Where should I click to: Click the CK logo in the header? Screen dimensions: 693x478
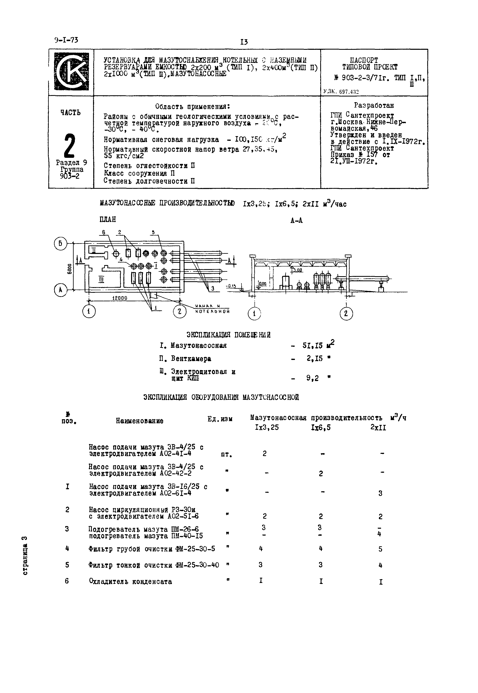pyautogui.click(x=71, y=72)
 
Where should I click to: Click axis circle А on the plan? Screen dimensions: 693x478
pyautogui.click(x=60, y=290)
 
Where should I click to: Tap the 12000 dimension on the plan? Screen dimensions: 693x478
pyautogui.click(x=120, y=298)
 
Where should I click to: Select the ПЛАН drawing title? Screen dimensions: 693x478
pyautogui.click(x=108, y=220)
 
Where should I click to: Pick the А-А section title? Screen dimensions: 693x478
pyautogui.click(x=297, y=221)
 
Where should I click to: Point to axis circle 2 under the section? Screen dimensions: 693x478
pyautogui.click(x=346, y=314)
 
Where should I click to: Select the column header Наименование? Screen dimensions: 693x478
pyautogui.click(x=140, y=421)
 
